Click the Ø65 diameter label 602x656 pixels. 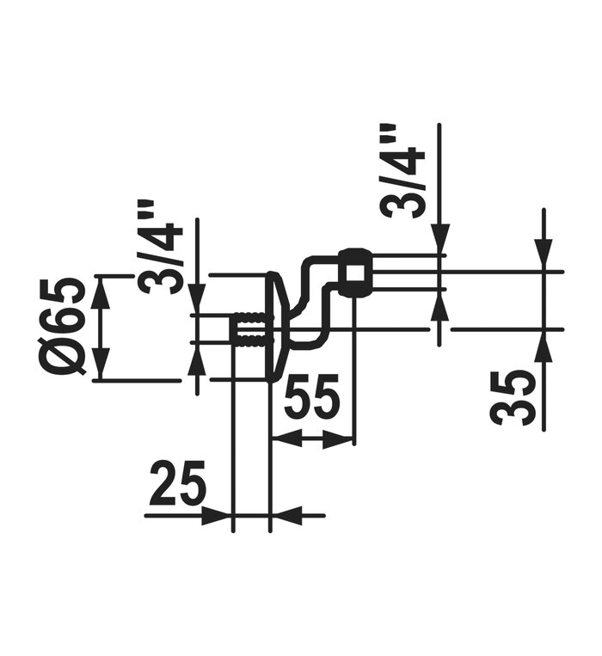68,326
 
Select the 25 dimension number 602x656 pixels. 178,481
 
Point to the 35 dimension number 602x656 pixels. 513,398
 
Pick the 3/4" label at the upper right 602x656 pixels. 402,171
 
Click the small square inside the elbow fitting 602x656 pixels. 355,273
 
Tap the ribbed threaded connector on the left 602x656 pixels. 248,328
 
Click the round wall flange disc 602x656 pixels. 276,327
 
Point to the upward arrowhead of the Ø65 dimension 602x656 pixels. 101,294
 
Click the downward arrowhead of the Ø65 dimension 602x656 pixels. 101,363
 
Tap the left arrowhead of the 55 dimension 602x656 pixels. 287,438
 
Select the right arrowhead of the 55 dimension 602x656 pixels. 337,438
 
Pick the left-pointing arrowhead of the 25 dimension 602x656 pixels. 287,516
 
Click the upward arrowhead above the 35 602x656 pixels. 544,347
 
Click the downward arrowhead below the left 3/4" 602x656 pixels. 197,298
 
